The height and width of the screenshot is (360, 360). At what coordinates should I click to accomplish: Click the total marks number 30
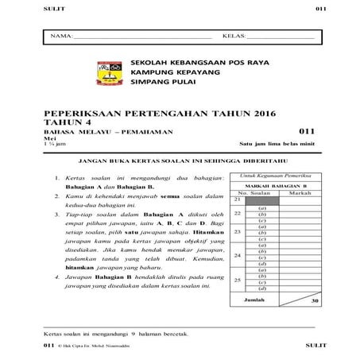coord(315,301)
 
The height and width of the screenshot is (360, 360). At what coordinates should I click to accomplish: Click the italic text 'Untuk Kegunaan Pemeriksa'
coord(277,175)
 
